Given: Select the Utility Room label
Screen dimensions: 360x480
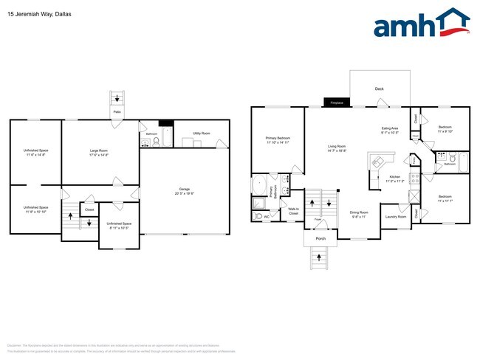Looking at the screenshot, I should pos(201,134).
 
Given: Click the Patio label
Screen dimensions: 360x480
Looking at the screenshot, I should pos(117,112).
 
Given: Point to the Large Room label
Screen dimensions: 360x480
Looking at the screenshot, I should pos(99,152).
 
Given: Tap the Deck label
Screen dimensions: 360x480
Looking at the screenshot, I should pos(380,89).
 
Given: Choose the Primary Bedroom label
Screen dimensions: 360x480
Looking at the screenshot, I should pos(278,140).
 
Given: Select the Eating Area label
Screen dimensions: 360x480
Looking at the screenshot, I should pos(390,131).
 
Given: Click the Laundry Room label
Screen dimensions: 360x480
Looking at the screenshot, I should pos(395,216).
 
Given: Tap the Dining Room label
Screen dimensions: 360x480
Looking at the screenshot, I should pos(359,215).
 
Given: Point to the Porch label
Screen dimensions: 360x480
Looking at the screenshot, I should pos(320,238).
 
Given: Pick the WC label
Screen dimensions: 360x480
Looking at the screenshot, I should pos(267,217).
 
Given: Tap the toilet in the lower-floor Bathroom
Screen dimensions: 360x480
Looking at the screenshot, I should pos(156,140).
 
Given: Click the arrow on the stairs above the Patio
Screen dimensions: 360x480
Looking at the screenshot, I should pos(116,97).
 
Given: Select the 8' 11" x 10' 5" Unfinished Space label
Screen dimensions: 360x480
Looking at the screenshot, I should pos(118,225).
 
